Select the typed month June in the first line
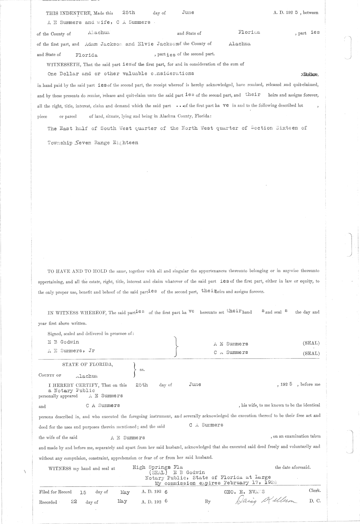188,12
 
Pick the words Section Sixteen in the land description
274,128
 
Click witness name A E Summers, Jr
71,350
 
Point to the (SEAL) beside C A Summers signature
311,353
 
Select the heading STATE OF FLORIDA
88,365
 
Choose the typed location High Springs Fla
158,467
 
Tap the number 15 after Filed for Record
83,492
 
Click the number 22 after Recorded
74,501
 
